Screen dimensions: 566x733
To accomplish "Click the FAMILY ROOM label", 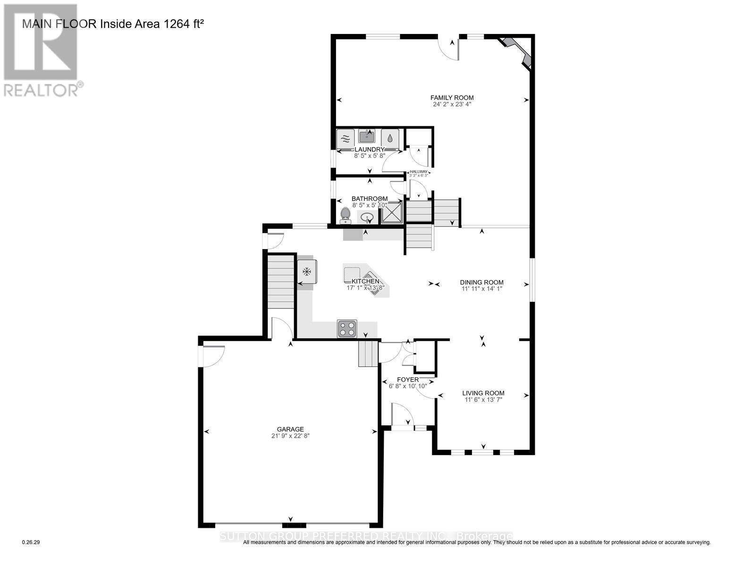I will (452, 98).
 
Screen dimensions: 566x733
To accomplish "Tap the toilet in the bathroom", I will (345, 215).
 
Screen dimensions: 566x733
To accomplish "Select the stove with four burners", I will (347, 329).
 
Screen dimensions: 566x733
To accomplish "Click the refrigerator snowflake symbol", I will (307, 272).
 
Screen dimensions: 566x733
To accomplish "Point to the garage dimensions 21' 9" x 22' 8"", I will (290, 436).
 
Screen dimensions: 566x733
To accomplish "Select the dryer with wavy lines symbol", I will (345, 139).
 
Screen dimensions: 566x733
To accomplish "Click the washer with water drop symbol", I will (390, 139).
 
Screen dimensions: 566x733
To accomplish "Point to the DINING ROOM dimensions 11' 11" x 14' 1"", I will (481, 289).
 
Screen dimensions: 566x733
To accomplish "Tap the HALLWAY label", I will (418, 172).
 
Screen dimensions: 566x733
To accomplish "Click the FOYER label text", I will (408, 379).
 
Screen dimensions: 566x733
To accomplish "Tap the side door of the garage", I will (213, 356).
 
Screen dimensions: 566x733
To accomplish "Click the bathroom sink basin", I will (367, 218).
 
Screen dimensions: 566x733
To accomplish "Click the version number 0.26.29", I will (32, 542).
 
